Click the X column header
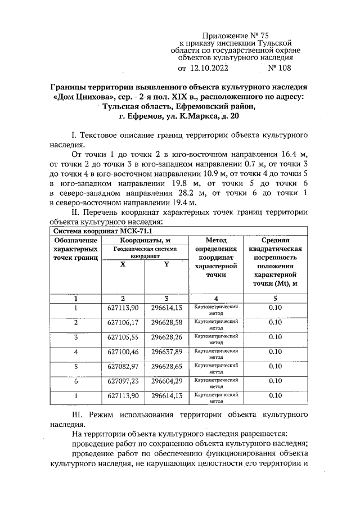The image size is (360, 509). pyautogui.click(x=123, y=264)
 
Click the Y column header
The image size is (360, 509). pyautogui.click(x=166, y=264)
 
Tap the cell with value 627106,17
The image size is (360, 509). pyautogui.click(x=123, y=322)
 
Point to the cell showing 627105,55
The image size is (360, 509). pyautogui.click(x=123, y=337)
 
